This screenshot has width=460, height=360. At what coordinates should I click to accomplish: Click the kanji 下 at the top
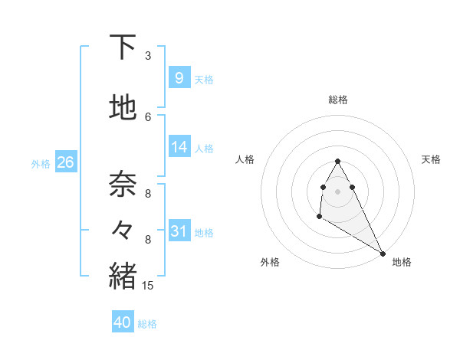click(x=123, y=47)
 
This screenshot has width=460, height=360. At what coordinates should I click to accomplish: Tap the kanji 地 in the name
click(x=123, y=107)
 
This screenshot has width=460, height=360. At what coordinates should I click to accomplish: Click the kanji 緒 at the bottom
click(x=123, y=275)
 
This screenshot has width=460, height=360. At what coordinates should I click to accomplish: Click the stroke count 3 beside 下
click(x=148, y=56)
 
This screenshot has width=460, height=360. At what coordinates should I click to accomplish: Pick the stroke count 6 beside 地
click(x=148, y=116)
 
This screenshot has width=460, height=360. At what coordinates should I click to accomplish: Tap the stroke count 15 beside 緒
click(x=148, y=286)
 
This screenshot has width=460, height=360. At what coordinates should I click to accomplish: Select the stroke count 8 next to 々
click(x=148, y=240)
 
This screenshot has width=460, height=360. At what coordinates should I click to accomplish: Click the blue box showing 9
click(x=179, y=77)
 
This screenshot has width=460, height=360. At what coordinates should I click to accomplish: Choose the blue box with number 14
click(x=179, y=147)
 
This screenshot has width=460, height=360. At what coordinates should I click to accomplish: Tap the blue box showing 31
click(x=179, y=231)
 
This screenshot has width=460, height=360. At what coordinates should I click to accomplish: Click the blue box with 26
click(x=65, y=162)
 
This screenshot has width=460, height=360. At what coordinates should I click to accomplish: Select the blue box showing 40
click(x=123, y=322)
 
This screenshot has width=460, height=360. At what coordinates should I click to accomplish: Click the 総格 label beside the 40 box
click(x=147, y=324)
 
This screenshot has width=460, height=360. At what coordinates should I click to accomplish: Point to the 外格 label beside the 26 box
click(x=41, y=163)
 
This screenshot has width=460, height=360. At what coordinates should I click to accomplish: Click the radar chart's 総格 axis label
click(x=337, y=100)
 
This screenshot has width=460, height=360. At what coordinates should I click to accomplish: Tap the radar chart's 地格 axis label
click(x=402, y=262)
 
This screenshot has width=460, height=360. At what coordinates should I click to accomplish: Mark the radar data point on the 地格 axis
click(x=383, y=253)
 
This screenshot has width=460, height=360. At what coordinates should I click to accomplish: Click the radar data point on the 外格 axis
click(x=319, y=217)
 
